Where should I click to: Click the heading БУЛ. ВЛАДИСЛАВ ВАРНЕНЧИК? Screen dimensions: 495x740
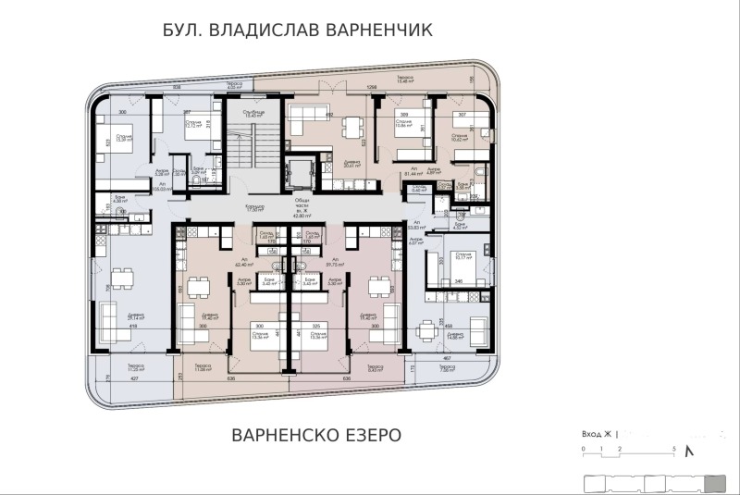[297, 31]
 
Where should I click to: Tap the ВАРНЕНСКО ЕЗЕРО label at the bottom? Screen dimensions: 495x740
[315, 435]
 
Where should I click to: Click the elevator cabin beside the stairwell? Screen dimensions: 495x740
[299, 172]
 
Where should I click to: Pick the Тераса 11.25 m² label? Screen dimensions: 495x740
[136, 367]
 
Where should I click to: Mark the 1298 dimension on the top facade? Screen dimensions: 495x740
[373, 88]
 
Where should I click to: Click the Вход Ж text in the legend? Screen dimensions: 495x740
[597, 432]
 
